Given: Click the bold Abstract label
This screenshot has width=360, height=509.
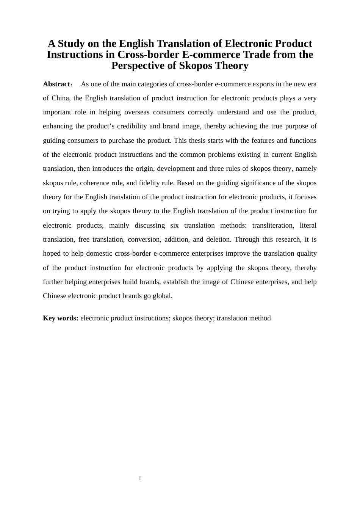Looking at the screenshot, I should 56,84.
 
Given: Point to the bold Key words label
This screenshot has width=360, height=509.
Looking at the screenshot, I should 61,318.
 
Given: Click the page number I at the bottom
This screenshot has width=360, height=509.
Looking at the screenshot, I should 140,479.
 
